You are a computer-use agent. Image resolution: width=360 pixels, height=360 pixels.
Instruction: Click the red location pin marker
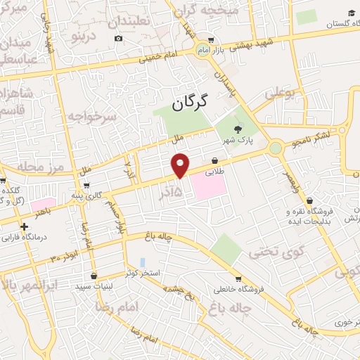coord(181,165)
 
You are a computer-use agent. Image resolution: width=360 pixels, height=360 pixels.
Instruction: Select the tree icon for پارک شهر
coord(238,129)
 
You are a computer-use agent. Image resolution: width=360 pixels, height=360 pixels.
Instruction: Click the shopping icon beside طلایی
coord(214,160)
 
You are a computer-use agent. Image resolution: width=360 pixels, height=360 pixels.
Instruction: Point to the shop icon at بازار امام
coord(212,41)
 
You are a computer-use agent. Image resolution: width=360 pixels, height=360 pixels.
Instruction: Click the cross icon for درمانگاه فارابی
coord(25,226)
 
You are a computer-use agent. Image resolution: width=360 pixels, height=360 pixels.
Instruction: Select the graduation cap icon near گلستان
coord(351,13)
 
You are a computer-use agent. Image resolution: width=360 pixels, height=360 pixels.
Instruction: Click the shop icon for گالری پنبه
coord(86,186)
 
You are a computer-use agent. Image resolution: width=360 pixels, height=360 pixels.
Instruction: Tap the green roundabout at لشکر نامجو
coord(276,148)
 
